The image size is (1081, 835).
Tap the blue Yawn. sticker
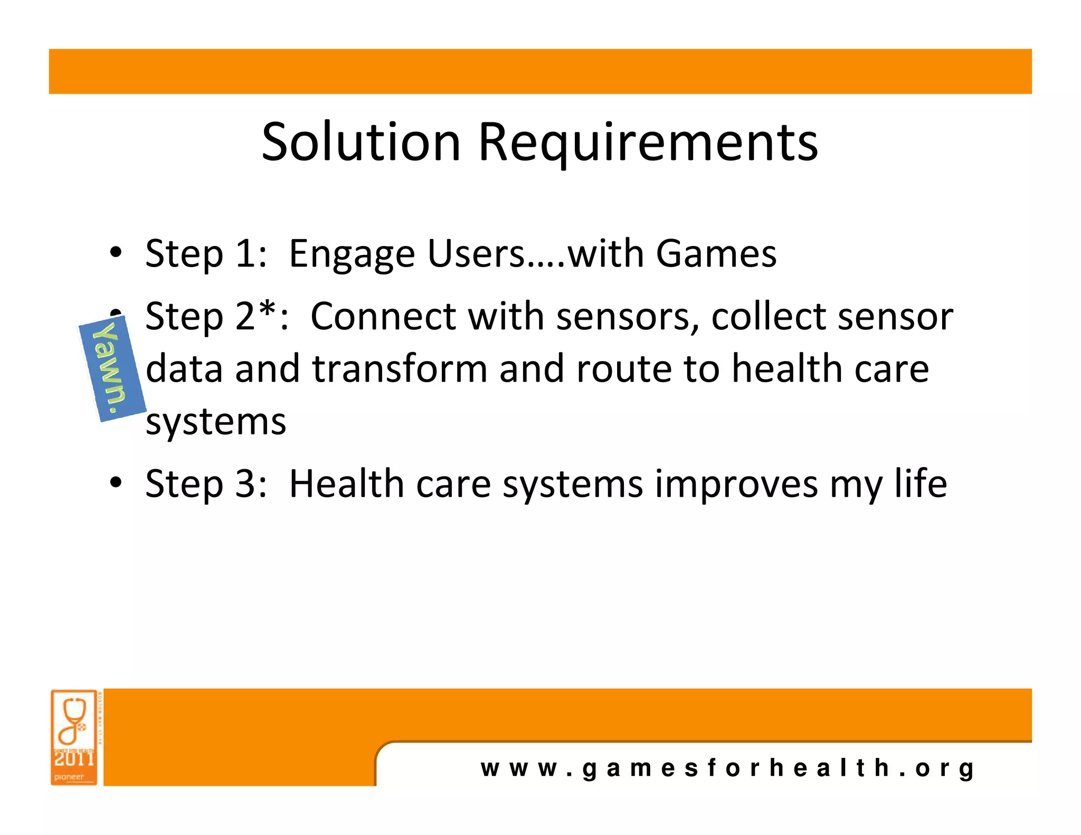tap(112, 369)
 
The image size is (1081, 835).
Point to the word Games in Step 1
tap(716, 253)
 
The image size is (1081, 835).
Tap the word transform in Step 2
tap(400, 368)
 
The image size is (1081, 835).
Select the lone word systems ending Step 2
tap(216, 422)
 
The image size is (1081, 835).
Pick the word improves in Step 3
tap(736, 483)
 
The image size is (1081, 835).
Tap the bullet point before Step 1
tap(116, 252)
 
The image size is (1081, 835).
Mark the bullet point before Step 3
tap(116, 482)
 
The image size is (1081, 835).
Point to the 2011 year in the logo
tap(74, 759)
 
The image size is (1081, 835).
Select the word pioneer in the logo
tap(69, 776)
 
